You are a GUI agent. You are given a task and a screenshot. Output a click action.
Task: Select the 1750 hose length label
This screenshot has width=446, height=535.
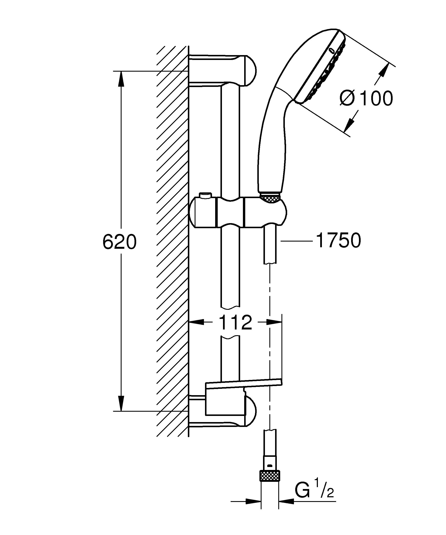tap(338, 240)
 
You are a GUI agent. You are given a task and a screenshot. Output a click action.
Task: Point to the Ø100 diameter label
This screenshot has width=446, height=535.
tap(367, 98)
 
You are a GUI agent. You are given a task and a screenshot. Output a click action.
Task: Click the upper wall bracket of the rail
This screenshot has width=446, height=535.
tap(229, 70)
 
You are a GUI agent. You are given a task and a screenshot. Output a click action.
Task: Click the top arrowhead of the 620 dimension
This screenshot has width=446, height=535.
tap(121, 79)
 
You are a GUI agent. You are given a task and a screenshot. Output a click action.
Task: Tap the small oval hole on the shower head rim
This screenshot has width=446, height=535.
tap(332, 50)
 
